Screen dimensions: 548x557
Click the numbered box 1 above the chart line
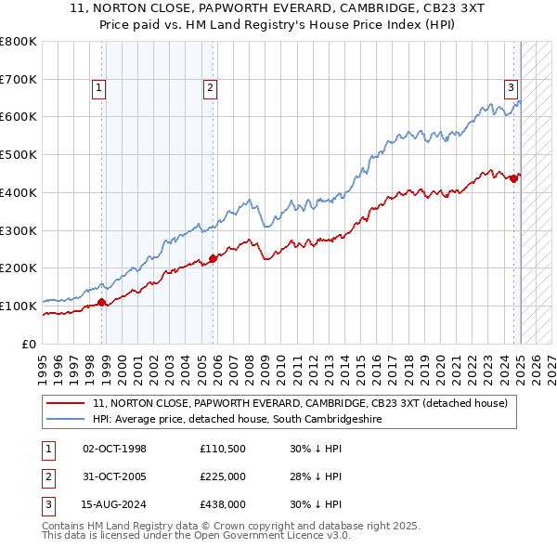click(99, 88)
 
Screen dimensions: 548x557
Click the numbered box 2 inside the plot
click(211, 88)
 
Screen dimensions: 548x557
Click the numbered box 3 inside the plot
click(511, 88)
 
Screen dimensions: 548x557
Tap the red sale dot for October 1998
click(102, 301)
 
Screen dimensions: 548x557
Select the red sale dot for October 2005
click(213, 257)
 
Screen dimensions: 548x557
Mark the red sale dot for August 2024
click(513, 178)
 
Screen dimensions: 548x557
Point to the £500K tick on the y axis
click(19, 155)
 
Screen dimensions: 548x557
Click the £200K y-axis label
click(19, 268)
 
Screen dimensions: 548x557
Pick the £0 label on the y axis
click(30, 344)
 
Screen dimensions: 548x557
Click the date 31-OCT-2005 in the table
click(115, 476)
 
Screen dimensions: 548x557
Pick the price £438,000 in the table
click(222, 504)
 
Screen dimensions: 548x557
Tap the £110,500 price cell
click(222, 449)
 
